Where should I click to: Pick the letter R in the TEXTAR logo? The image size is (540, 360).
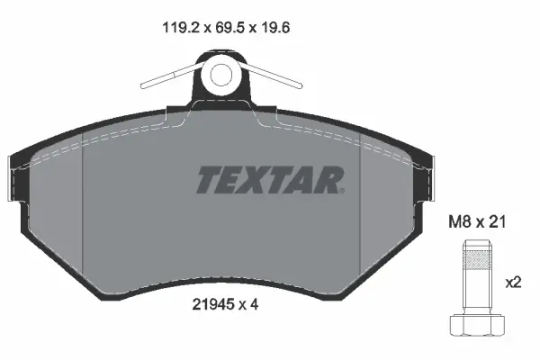(x=328, y=180)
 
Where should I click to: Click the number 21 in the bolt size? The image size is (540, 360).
(x=492, y=221)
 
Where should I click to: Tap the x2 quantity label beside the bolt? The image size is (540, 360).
(x=513, y=282)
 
